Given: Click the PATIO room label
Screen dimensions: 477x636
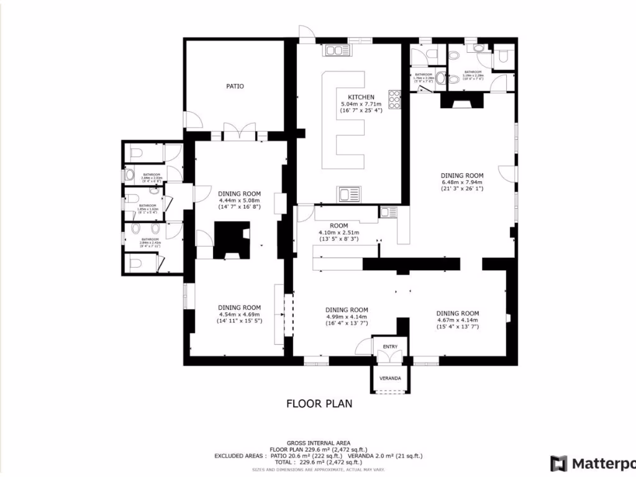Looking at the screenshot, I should point(235,86).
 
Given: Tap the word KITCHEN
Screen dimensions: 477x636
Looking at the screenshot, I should point(361,97).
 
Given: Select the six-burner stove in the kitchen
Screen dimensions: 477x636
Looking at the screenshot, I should point(394,99).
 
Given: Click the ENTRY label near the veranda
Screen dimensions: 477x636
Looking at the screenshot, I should point(390,347).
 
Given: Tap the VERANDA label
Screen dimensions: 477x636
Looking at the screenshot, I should point(390,378).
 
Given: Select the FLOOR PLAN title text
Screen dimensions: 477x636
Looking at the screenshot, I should point(319,404).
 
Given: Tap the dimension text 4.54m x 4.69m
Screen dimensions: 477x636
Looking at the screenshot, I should point(239,314).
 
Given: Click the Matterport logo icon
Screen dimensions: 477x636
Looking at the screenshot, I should point(559,463).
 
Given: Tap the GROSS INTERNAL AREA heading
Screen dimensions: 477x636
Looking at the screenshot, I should point(318,443).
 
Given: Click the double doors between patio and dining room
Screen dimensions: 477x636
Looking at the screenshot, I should point(239,132).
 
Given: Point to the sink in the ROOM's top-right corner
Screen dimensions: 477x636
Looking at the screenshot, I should point(389,212).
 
